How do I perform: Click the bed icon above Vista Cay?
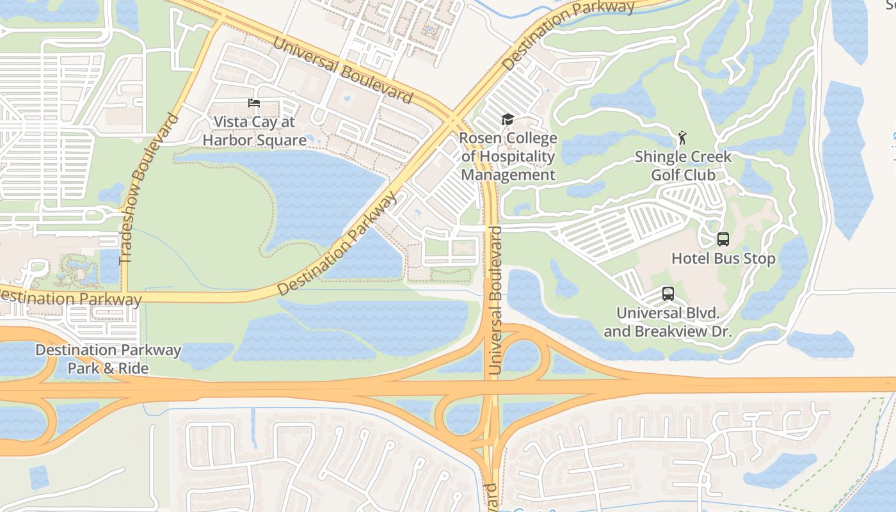coord(254,103)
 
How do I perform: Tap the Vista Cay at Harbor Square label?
coord(254,131)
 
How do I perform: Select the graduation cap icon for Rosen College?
coord(508,120)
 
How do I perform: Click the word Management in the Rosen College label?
coord(508,175)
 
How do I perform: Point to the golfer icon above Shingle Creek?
coord(682,138)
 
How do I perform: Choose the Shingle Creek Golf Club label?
coord(683,166)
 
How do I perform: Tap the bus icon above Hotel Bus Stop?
coord(723,239)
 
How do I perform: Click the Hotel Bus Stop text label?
coord(723,259)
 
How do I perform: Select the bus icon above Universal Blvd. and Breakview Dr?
coord(668,294)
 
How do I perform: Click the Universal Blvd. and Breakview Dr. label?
coord(668,323)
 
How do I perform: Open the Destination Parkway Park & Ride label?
coord(108,359)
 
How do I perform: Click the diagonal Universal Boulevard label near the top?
coord(342,69)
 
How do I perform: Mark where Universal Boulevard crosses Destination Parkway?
coord(454,120)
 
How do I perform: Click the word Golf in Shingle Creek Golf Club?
coord(667,175)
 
